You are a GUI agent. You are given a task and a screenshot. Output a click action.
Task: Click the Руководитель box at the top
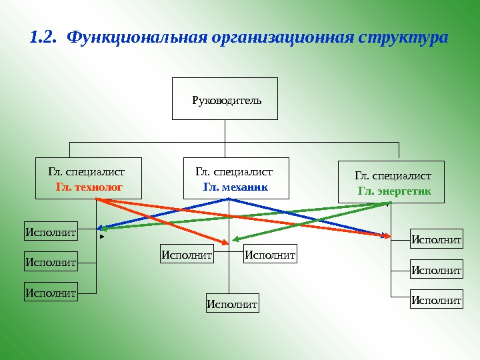(x=225, y=99)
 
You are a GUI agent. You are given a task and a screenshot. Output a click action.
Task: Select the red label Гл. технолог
(x=89, y=187)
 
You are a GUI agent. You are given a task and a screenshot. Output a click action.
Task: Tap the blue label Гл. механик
(x=235, y=187)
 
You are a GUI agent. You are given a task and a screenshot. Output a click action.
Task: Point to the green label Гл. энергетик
(x=394, y=191)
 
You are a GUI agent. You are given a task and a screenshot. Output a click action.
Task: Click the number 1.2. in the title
(x=44, y=37)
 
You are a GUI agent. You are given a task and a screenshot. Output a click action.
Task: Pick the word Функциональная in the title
(x=137, y=37)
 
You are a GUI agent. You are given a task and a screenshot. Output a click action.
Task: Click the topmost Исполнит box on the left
(x=51, y=233)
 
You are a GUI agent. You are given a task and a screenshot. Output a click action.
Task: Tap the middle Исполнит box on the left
(x=51, y=262)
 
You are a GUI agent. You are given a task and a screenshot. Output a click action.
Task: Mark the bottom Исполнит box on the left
(x=51, y=291)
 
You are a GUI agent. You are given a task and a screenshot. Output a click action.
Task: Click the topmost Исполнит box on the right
(x=436, y=239)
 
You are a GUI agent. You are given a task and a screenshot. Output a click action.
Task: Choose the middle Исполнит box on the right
(x=436, y=270)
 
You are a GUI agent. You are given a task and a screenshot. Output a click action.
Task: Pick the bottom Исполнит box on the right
(x=436, y=300)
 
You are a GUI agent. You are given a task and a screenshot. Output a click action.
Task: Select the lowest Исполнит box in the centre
(x=232, y=304)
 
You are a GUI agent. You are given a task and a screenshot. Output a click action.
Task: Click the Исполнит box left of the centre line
(x=187, y=254)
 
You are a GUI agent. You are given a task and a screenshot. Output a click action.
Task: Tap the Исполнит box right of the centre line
(x=270, y=254)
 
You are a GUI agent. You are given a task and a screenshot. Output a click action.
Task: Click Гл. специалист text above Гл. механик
(x=234, y=172)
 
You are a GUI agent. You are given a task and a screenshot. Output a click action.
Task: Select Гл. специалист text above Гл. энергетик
(x=393, y=176)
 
